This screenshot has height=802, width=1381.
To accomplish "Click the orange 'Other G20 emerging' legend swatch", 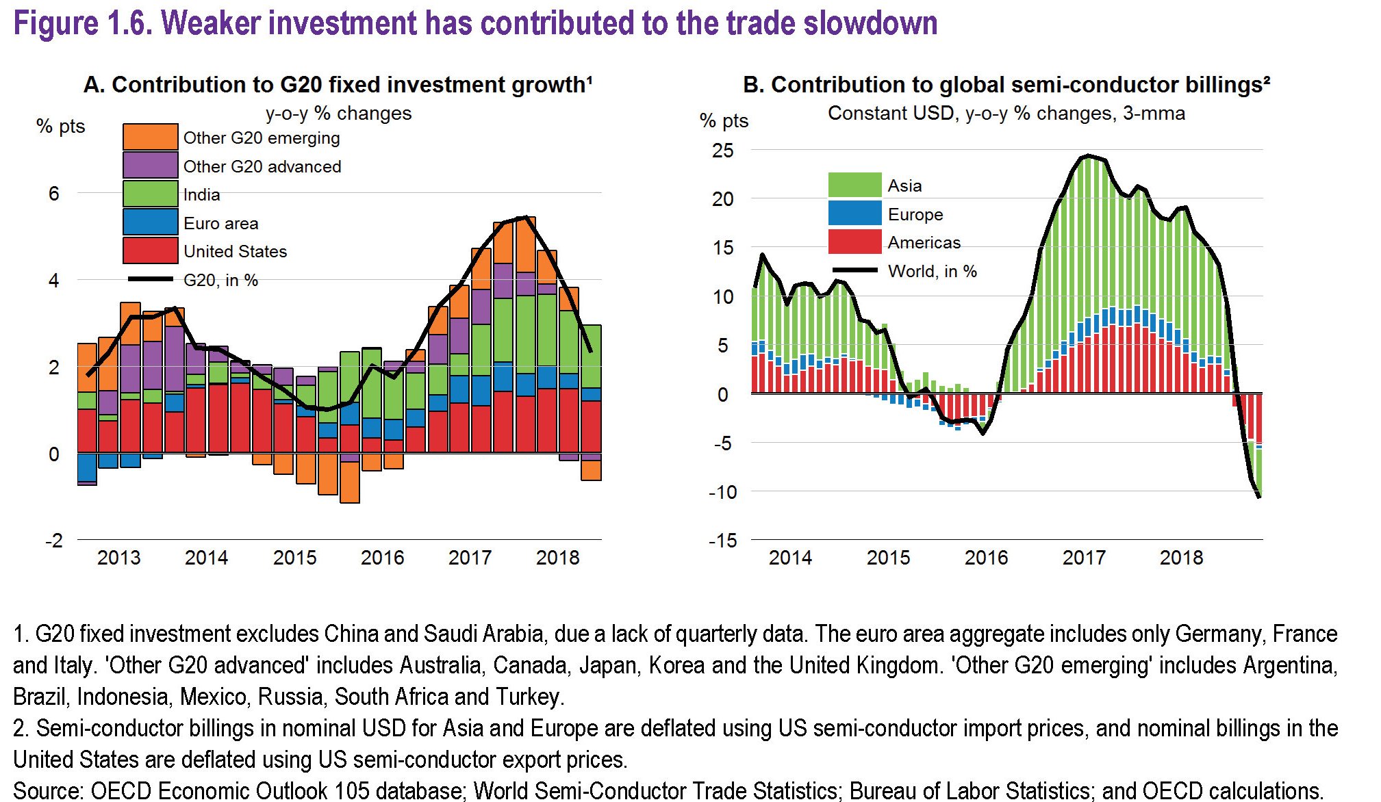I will (x=150, y=137).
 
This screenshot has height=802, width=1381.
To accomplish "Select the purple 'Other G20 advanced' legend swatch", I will (x=150, y=166).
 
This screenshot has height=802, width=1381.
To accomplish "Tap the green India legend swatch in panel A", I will (x=150, y=194).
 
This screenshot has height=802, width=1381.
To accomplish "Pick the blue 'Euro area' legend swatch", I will (x=150, y=222).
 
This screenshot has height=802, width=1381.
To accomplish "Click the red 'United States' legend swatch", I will (x=150, y=250).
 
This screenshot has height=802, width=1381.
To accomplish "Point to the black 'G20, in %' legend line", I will (x=151, y=279).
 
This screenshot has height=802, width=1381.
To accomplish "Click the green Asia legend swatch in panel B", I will (x=854, y=185).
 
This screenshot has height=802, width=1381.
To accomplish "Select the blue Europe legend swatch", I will (x=854, y=214).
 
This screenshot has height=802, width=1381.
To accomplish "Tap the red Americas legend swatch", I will (x=854, y=242).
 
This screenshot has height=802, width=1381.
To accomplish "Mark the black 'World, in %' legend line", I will (x=854, y=270).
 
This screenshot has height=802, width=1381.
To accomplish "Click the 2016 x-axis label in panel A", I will (x=382, y=558).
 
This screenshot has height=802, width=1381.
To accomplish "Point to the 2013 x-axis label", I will (x=118, y=558).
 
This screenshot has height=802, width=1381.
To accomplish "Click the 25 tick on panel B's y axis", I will (x=722, y=151).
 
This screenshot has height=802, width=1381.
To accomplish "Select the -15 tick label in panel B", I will (x=722, y=541).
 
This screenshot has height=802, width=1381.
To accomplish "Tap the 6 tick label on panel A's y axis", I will (x=54, y=194).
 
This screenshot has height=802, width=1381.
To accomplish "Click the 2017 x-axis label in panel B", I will (x=1084, y=558).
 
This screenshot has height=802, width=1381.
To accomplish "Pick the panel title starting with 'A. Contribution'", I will (x=338, y=84).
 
